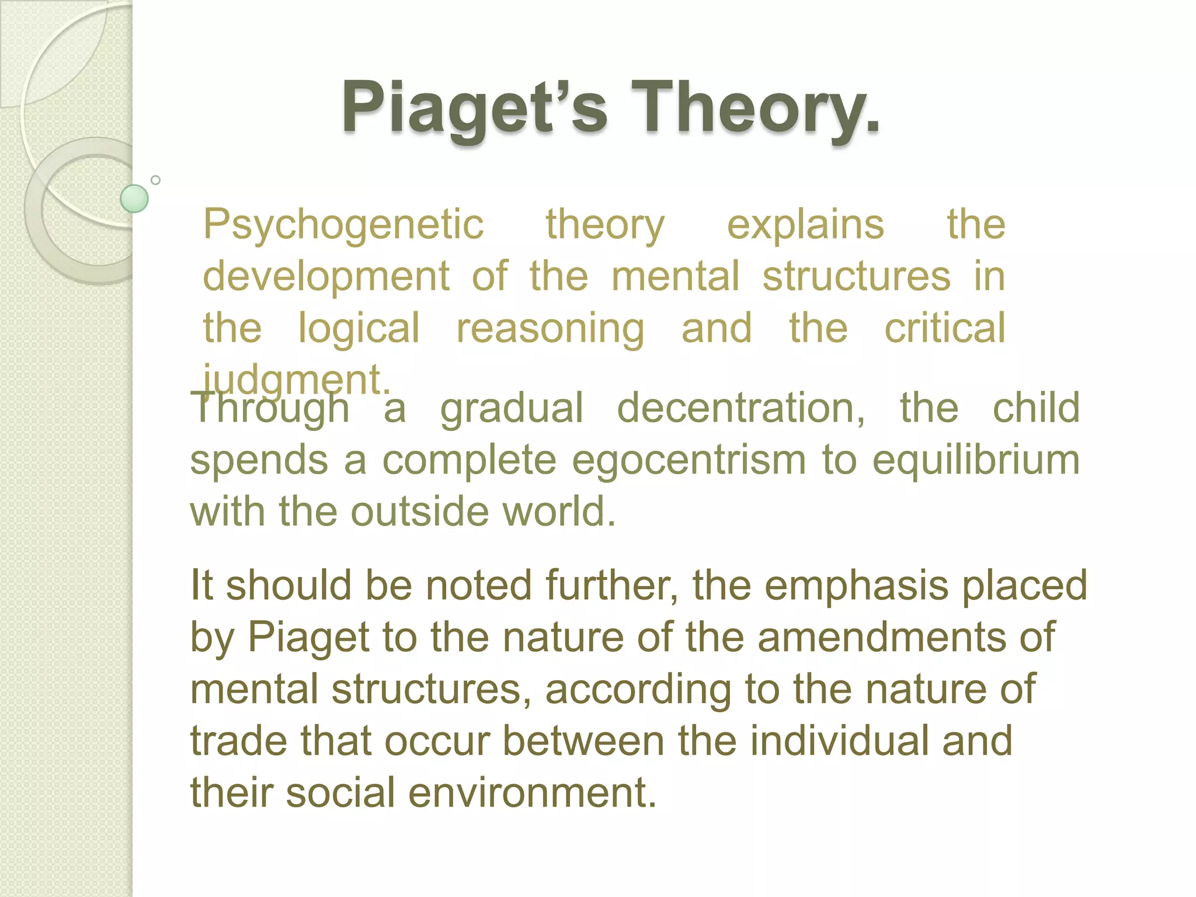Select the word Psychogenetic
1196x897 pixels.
(343, 225)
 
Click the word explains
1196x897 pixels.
(805, 225)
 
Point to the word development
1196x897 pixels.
(326, 276)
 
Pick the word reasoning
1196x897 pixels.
(550, 328)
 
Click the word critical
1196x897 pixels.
(944, 328)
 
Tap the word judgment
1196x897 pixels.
(295, 380)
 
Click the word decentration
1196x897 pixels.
(740, 408)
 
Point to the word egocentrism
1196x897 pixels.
(689, 460)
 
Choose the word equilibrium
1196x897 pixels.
(976, 460)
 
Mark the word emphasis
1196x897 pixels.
(856, 585)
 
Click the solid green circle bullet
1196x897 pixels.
(134, 199)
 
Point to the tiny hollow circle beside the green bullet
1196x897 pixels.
(155, 180)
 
